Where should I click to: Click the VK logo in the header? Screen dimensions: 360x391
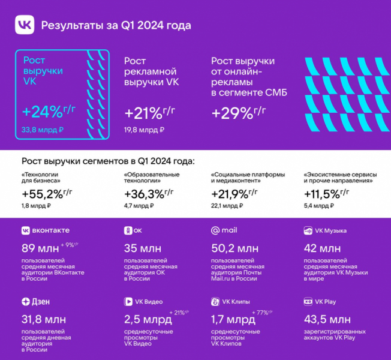[x=24, y=25]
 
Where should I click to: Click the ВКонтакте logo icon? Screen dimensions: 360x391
[x=26, y=230]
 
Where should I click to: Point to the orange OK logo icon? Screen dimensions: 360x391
[x=128, y=230]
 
